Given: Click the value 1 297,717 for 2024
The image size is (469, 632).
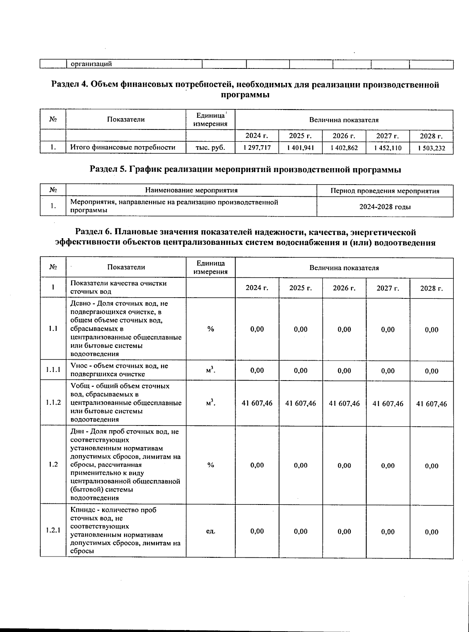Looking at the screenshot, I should tap(257, 148).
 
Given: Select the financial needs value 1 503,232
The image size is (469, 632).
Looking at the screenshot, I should tap(431, 148).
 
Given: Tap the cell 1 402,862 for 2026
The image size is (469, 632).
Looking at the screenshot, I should tap(344, 148).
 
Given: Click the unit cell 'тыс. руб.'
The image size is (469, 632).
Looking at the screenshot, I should tap(210, 147).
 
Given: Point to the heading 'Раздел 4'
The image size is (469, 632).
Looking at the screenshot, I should tap(245, 90).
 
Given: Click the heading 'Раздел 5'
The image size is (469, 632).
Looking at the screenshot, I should tap(245, 169).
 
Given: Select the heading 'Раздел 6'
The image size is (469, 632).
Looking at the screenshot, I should tap(245, 237).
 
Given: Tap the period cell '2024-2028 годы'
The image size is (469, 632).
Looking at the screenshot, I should tap(385, 206).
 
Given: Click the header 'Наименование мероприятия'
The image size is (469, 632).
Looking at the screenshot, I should tap(191, 190).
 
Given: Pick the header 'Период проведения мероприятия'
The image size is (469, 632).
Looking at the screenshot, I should tap(385, 191).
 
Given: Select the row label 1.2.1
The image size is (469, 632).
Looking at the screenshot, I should tap(52, 531).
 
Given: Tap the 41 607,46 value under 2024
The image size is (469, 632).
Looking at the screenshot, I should tap(257, 403).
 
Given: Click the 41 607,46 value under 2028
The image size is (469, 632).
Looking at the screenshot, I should tap(431, 404).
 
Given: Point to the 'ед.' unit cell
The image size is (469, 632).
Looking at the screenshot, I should tap(210, 531).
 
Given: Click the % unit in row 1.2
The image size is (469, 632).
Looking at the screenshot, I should tap(210, 465).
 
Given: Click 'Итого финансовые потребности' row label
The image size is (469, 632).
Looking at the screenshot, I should tap(122, 147).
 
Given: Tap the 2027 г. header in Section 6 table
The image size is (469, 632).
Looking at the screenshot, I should tap(387, 288).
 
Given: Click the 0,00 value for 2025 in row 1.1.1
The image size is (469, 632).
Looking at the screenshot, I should tap(301, 370).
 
